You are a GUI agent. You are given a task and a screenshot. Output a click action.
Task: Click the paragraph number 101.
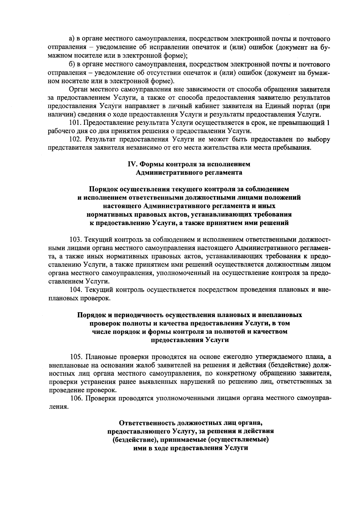click(75, 123)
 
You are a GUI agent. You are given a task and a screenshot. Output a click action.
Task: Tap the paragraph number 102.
click(75, 139)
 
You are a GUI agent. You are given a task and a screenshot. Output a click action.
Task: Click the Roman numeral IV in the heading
click(132, 164)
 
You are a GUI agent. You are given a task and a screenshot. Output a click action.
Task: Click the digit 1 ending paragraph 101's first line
click(328, 123)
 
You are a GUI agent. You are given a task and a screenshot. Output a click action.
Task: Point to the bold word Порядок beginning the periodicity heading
click(90, 315)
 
